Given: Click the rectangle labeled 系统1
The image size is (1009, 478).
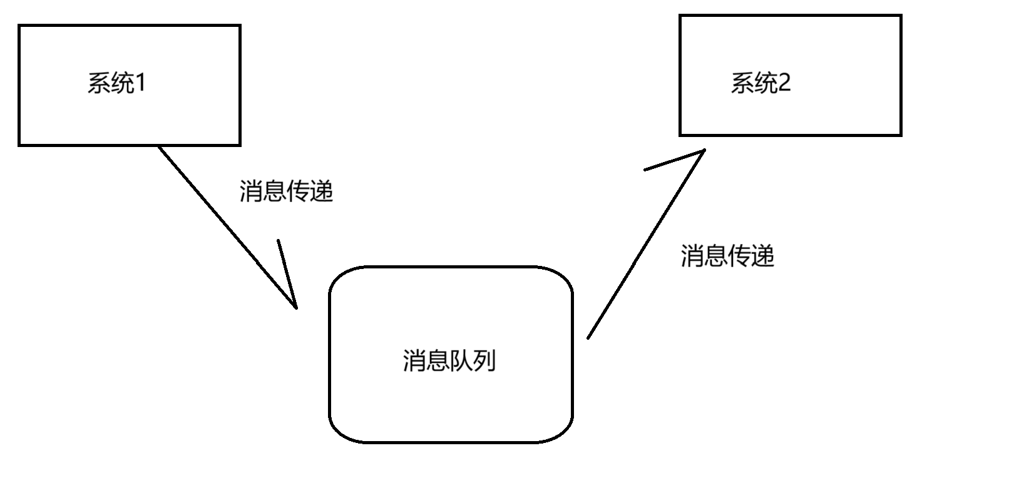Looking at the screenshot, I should (130, 85).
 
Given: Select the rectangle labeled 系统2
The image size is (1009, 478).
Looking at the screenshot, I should (790, 75).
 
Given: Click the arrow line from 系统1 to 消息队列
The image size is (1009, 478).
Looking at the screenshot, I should (225, 225).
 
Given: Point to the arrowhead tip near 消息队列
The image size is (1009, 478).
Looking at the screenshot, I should (295, 307).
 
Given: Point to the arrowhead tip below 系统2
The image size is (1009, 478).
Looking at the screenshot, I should (705, 150).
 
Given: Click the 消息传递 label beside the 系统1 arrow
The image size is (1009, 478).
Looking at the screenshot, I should (286, 191).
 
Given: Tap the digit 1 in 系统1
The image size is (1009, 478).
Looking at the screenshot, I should (140, 83).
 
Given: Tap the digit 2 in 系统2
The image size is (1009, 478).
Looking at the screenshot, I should (784, 83).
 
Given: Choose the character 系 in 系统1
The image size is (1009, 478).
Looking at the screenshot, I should (99, 83).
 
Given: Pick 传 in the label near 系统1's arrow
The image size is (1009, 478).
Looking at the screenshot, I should (298, 191).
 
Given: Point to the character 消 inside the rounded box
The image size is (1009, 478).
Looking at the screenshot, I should (414, 361).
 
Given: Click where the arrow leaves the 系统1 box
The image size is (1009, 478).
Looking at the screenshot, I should (159, 147).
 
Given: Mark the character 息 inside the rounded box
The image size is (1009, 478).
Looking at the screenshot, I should (438, 361).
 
